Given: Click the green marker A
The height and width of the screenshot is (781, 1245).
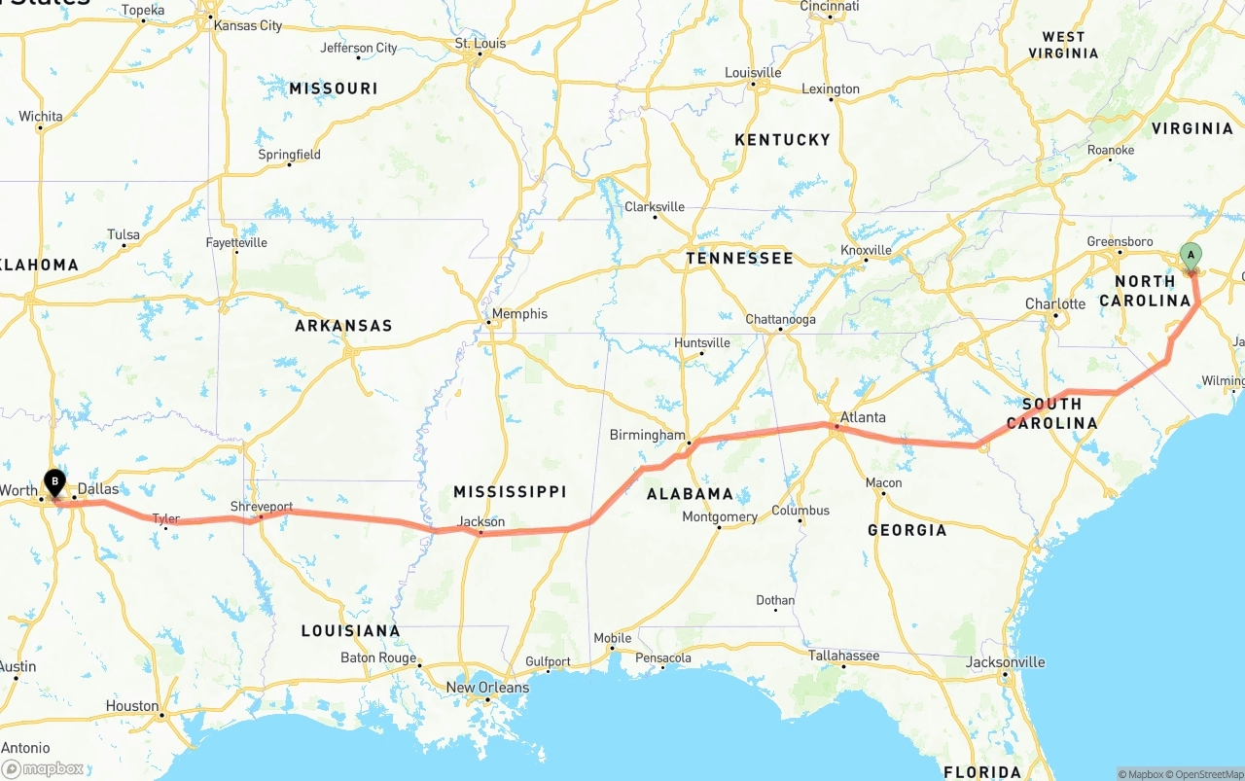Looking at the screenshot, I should coord(1190,256).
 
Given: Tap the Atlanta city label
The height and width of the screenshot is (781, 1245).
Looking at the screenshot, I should coord(863,417).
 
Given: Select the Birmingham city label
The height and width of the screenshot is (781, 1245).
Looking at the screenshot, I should coord(647,435).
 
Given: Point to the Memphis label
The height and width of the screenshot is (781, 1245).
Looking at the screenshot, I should coord(519,314).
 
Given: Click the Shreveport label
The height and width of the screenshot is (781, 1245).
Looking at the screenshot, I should coord(261,507).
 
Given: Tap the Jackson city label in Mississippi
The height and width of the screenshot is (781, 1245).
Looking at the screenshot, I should coord(481,522).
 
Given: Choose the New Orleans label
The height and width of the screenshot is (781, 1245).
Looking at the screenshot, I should coord(487,688).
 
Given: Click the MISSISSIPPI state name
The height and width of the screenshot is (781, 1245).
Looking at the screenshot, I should coord(510,492).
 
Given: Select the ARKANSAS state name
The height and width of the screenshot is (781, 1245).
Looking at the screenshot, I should coord(343,326).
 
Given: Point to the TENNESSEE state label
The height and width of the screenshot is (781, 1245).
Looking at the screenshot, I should coord(739,259).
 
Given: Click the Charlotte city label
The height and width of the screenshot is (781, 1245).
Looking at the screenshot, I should coord(1055,304).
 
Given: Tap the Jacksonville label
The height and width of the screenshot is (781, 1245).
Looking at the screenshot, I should coord(1006,662).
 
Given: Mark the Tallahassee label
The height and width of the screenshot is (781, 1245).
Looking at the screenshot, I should coord(843,656).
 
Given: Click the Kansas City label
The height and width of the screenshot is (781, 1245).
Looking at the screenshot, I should coord(247,25).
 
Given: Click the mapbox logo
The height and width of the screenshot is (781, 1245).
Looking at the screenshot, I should coord(43,768).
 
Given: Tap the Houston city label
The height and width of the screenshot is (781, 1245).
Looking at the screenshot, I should coord(132,706).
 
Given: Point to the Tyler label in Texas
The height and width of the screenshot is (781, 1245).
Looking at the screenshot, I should coord(166,519).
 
